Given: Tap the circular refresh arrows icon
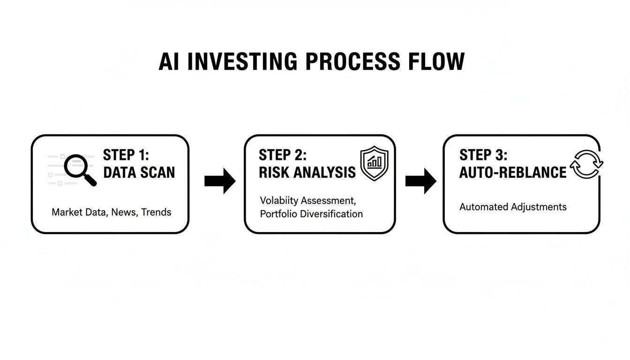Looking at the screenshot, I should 586,164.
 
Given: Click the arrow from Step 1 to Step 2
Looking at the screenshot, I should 220,181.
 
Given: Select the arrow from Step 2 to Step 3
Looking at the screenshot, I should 420,181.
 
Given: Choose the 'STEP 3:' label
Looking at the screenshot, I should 483,155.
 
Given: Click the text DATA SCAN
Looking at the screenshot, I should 139,172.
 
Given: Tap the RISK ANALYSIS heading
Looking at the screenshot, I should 307,172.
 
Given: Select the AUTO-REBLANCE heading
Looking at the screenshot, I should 513,172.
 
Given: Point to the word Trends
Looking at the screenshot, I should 156,212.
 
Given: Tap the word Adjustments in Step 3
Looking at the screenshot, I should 539,207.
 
